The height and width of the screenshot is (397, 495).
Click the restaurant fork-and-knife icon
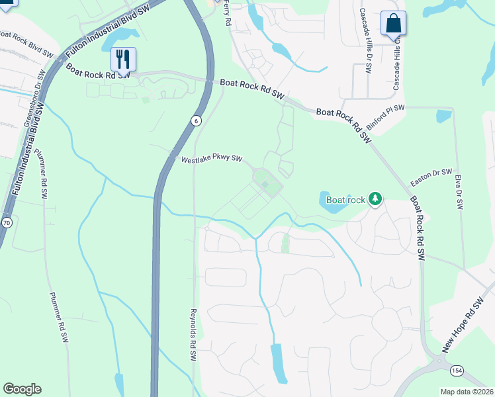point(123,58)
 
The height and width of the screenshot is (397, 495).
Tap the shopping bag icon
point(393,23)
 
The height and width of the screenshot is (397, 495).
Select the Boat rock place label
point(345,199)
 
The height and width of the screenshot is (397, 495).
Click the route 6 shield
point(196,120)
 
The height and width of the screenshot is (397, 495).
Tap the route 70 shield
point(7,222)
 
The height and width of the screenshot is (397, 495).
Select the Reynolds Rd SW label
point(194,334)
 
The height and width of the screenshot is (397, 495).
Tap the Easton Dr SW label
point(431,176)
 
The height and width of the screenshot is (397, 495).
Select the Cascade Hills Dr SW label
point(364,40)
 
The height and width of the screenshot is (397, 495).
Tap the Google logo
point(22,389)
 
